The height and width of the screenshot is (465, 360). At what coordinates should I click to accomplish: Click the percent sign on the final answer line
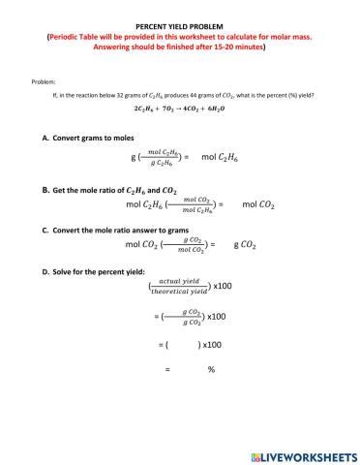pyautogui.click(x=210, y=369)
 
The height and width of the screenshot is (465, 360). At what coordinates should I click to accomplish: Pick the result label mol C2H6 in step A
pyautogui.click(x=225, y=156)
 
